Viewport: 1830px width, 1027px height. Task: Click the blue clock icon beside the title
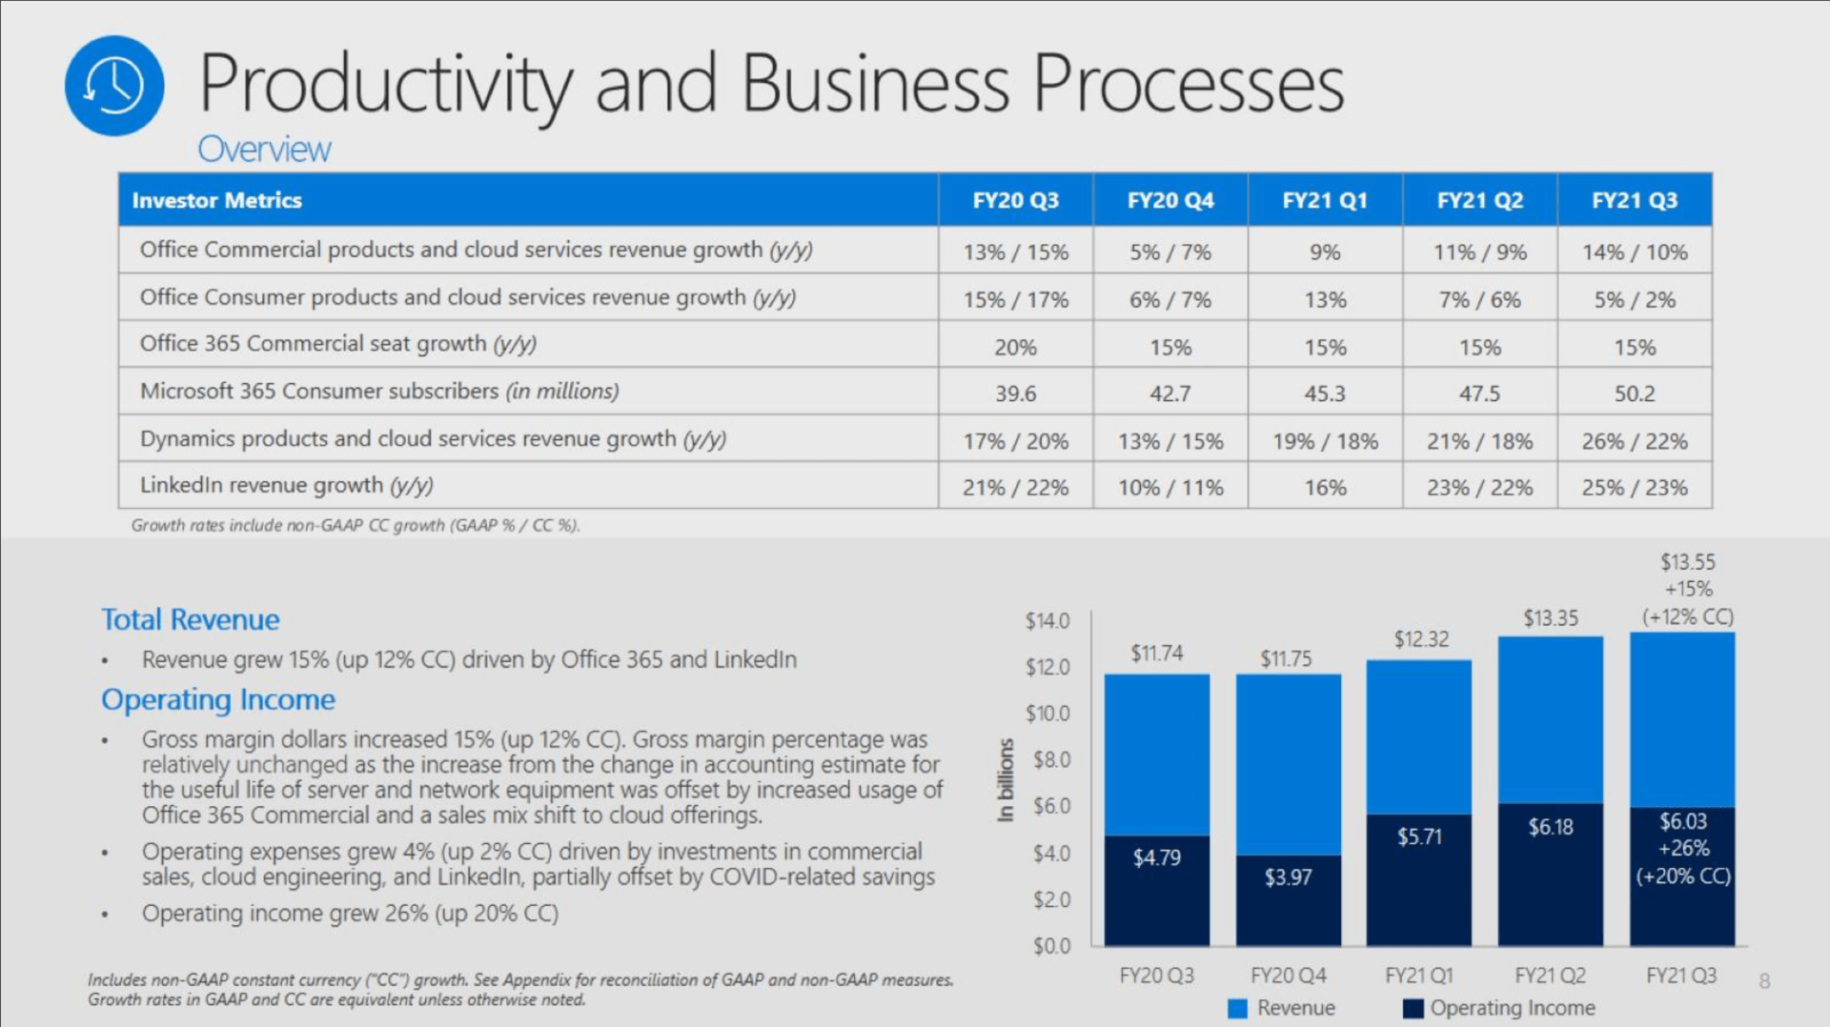(114, 86)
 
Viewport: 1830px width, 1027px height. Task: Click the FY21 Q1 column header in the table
(1325, 200)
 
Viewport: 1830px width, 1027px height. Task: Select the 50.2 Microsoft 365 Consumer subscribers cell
(1634, 393)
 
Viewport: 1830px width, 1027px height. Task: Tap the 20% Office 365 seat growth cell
(1015, 347)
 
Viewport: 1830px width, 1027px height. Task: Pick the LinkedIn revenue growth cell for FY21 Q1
(1325, 488)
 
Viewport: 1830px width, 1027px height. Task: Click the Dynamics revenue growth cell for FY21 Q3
(1634, 441)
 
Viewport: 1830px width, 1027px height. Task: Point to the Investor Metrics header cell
(217, 200)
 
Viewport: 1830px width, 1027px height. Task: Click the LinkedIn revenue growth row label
(286, 486)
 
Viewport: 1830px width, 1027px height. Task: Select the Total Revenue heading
(191, 619)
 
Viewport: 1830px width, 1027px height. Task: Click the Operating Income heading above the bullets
(218, 699)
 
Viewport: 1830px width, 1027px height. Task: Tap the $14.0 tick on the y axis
(1047, 621)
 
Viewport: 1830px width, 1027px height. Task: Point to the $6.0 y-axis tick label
(1051, 806)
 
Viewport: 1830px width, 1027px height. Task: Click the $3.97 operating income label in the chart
(1288, 876)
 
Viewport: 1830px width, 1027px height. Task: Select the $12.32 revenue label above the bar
(1420, 639)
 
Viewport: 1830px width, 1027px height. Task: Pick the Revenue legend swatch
(1238, 1008)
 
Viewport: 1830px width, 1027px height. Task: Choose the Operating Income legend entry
(1512, 1008)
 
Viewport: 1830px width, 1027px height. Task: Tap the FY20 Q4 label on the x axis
(1288, 976)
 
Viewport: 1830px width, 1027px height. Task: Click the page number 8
(1764, 981)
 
